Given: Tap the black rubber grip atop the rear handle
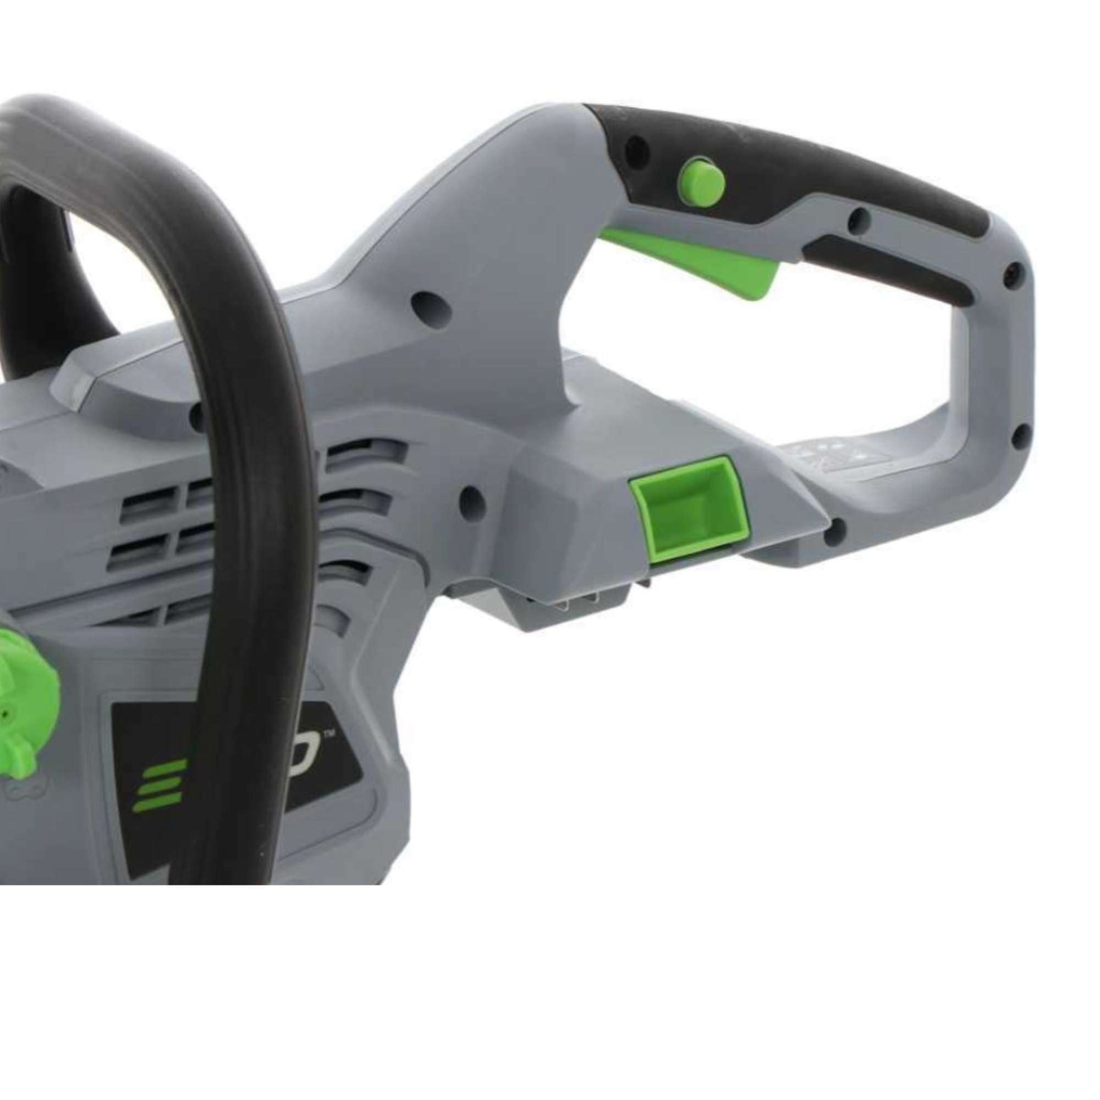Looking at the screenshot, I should [x=826, y=165].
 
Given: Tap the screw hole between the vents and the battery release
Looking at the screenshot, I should [x=470, y=497].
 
